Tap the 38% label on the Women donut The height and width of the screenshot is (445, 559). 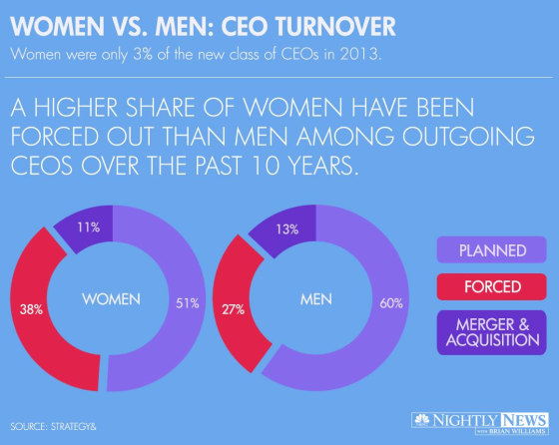pos(30,309)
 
